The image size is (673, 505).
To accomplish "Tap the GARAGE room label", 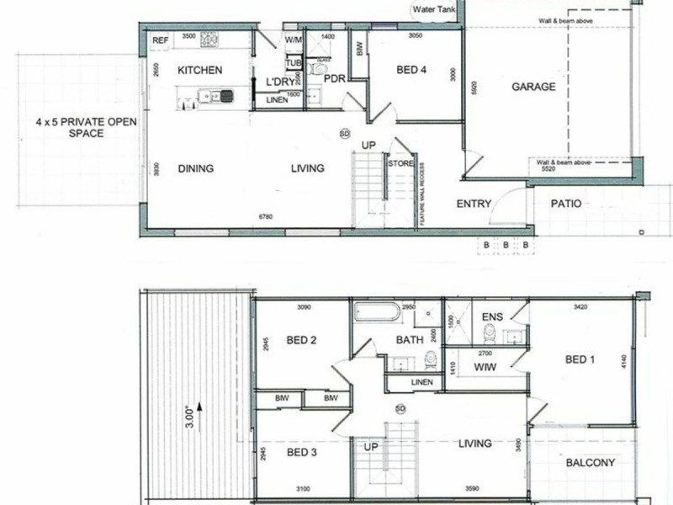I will click(x=533, y=87).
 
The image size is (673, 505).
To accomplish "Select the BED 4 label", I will click(x=412, y=71).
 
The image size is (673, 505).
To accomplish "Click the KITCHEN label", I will click(x=199, y=71).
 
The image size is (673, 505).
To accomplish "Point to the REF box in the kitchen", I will click(x=160, y=40).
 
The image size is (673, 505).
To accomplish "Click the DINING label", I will click(x=196, y=168).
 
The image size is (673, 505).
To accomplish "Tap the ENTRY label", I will click(x=474, y=204).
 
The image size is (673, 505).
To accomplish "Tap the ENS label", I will click(x=493, y=317).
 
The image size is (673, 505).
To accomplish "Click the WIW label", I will click(x=483, y=368).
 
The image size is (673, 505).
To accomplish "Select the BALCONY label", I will click(x=590, y=463).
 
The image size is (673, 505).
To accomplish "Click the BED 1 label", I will click(x=580, y=360).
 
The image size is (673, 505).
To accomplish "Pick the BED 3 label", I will click(x=300, y=452).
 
